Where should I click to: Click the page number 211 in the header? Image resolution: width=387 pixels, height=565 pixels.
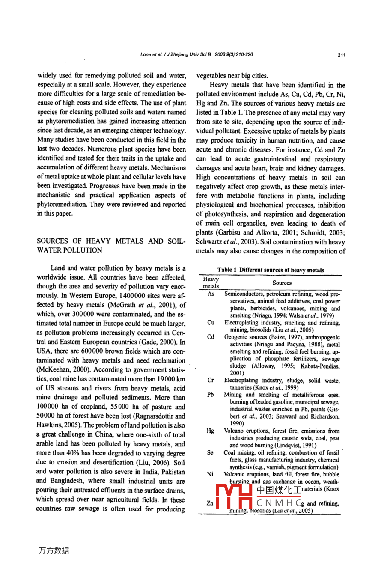[x=341, y=55]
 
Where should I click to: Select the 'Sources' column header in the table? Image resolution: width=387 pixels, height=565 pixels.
[x=282, y=283]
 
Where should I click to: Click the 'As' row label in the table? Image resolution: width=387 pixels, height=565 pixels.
[x=211, y=294]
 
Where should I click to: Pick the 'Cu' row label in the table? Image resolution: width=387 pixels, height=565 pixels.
[x=211, y=323]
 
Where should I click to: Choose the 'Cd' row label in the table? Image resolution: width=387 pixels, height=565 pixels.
[x=211, y=337]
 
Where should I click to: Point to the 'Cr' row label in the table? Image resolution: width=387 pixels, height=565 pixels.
[x=211, y=380]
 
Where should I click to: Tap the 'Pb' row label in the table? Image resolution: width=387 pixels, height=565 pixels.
[x=211, y=395]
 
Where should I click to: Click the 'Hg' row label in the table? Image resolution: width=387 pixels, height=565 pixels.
[x=211, y=431]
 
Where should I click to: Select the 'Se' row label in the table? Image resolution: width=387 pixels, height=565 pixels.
[x=211, y=452]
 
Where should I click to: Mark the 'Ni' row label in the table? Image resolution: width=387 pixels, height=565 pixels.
[x=211, y=474]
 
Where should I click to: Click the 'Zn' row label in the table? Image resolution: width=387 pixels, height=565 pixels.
[x=210, y=503]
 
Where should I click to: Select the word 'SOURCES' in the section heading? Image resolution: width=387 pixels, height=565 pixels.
[x=52, y=241]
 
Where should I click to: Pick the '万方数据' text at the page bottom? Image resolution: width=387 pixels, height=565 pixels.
[x=54, y=550]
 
